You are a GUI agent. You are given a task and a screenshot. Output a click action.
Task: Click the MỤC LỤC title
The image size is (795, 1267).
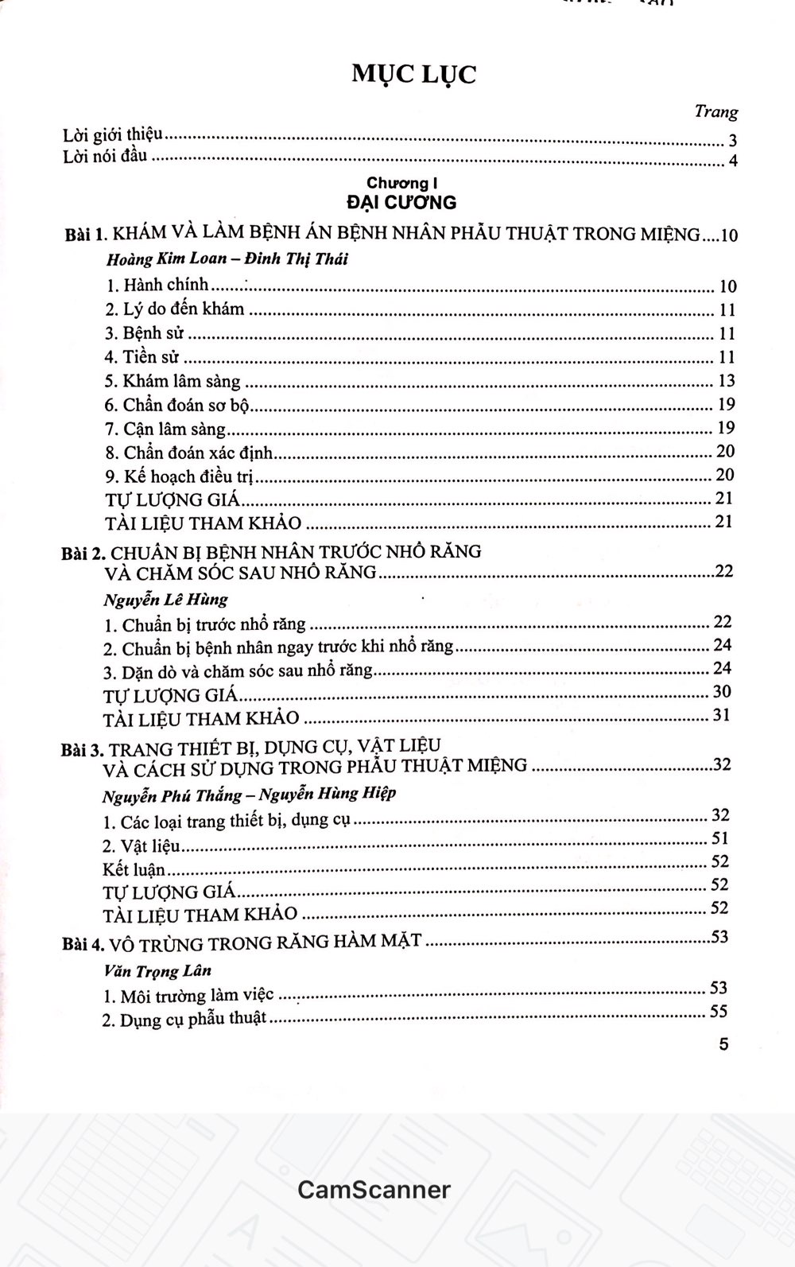(413, 75)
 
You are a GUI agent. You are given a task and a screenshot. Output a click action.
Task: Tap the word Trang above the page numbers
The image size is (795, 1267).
(715, 112)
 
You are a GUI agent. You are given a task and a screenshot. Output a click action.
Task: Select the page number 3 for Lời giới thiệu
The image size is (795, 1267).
(732, 142)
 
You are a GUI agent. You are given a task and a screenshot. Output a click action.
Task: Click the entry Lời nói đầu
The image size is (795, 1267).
(105, 156)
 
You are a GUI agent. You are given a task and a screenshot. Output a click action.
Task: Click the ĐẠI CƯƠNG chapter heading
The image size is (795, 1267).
(401, 202)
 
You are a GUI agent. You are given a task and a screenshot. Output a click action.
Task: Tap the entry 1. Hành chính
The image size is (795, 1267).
(157, 285)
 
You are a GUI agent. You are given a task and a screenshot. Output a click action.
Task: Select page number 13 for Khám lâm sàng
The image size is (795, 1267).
(726, 380)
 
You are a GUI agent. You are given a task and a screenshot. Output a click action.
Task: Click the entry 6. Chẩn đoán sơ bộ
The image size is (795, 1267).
(178, 406)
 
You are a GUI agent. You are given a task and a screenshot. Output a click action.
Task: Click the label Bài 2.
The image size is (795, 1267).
(83, 553)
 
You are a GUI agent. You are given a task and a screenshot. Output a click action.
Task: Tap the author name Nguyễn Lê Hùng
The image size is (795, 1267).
(165, 599)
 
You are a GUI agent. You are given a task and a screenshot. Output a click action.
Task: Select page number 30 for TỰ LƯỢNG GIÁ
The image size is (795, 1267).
(722, 692)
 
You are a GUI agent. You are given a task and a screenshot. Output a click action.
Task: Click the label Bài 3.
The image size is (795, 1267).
(82, 749)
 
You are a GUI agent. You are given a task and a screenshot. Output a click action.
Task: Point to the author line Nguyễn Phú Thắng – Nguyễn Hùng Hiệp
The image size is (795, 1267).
(249, 794)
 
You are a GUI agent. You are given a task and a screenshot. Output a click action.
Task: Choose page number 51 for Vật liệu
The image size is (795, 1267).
(719, 838)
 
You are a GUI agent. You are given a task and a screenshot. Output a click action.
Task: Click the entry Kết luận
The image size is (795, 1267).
(134, 869)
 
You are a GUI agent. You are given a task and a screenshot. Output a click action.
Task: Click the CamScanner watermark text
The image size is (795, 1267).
(374, 1190)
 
